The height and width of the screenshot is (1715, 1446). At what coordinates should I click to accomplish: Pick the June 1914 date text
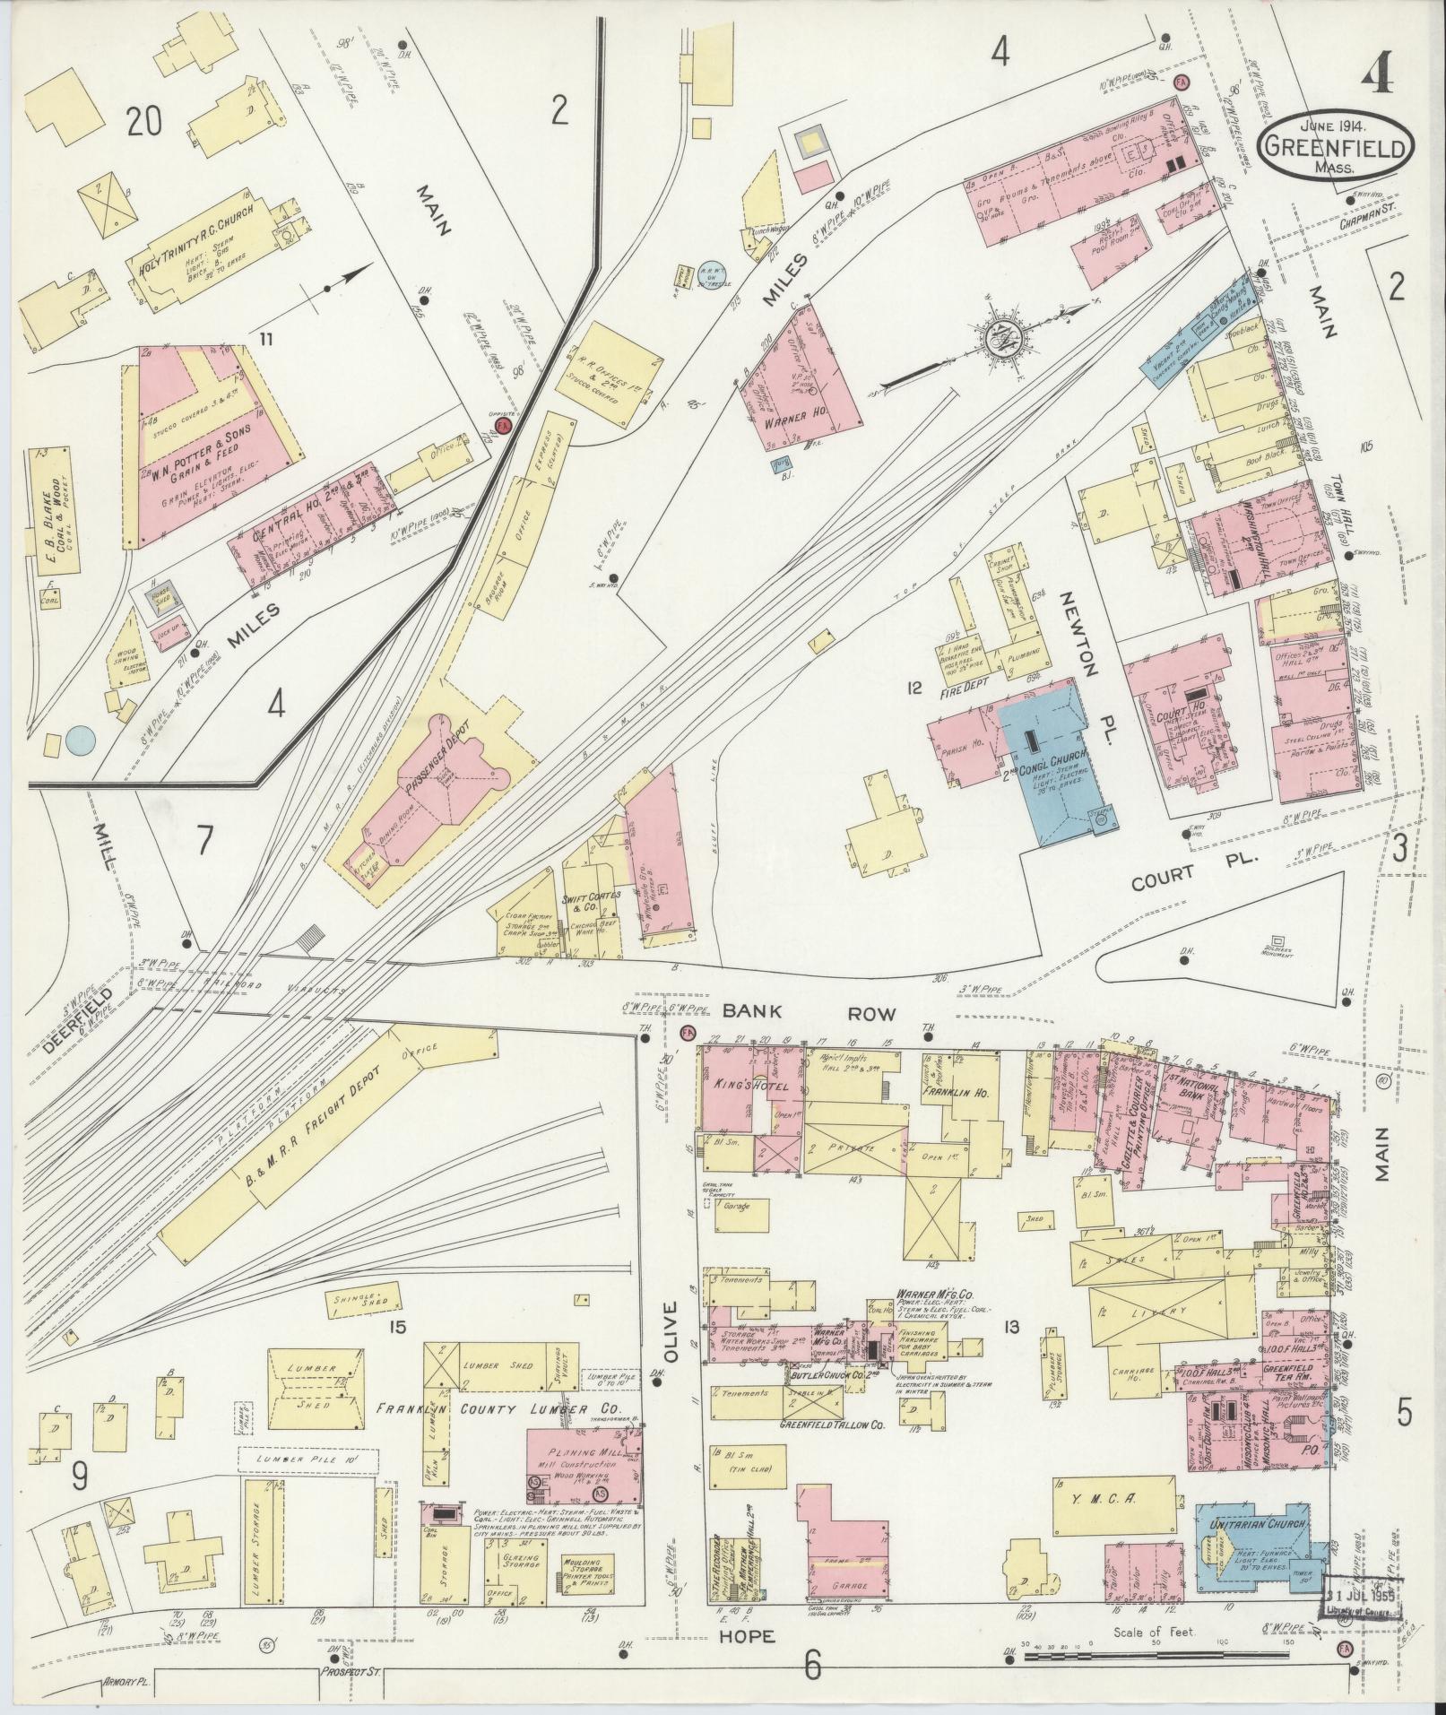click(1319, 123)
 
